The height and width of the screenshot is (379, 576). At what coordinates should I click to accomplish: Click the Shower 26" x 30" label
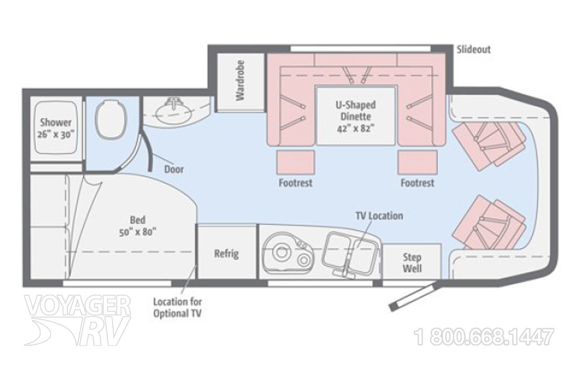point(56,128)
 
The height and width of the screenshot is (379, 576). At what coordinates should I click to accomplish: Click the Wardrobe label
point(240,82)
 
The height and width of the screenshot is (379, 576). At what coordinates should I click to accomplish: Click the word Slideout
point(473,50)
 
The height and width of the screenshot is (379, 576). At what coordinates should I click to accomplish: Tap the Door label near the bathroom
point(174,169)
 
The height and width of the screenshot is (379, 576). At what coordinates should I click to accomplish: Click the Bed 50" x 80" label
point(137,226)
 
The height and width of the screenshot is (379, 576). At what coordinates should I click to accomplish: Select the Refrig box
point(226,253)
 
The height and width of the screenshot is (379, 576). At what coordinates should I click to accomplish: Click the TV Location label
point(379,216)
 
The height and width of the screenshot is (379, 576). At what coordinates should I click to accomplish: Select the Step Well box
point(412,262)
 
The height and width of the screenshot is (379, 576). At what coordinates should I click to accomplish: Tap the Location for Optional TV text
point(177,307)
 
